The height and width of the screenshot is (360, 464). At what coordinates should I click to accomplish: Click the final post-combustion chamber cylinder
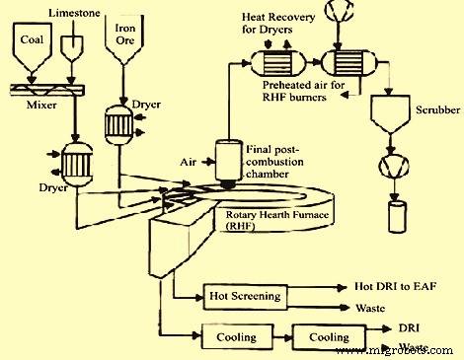228,159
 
